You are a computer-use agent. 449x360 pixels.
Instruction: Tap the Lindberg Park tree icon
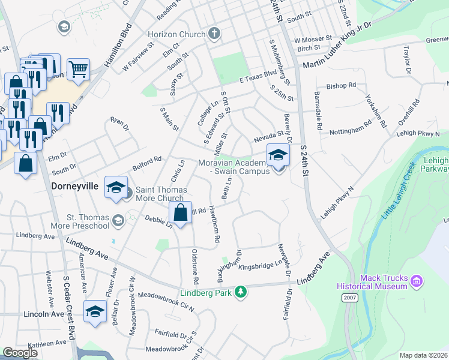pos(241,292)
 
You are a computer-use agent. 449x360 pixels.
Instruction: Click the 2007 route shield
pos(350,298)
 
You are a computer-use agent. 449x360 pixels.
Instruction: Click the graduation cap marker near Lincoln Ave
pos(95,311)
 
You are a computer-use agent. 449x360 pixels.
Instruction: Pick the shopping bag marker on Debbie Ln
pos(180,212)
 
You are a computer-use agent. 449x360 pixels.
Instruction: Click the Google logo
pos(20,353)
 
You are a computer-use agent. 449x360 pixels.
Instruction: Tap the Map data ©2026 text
pos(423,355)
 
